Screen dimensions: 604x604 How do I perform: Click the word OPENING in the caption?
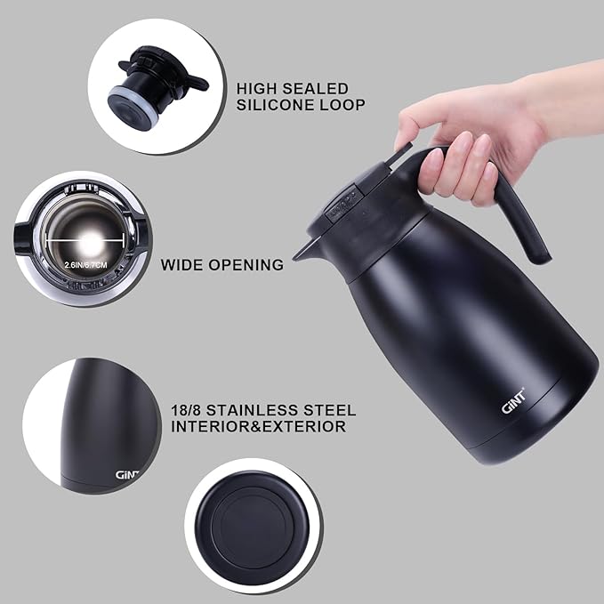(x=248, y=264)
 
